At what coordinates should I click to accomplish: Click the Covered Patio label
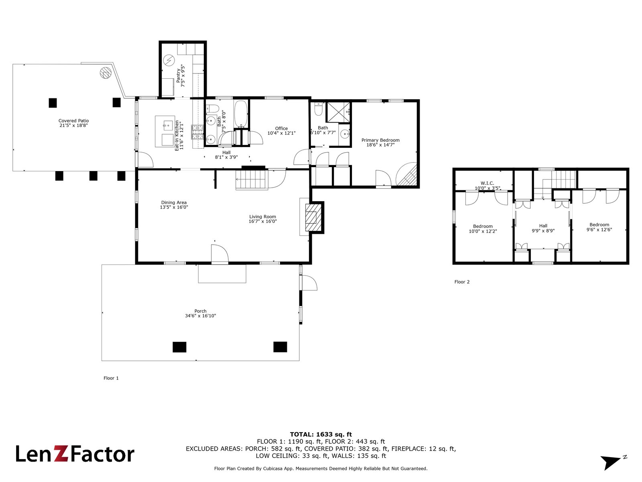pyautogui.click(x=73, y=121)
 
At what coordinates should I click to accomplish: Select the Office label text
pyautogui.click(x=281, y=129)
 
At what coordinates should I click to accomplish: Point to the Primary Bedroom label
pyautogui.click(x=380, y=140)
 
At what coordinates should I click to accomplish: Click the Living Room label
pyautogui.click(x=262, y=217)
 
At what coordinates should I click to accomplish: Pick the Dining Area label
pyautogui.click(x=174, y=203)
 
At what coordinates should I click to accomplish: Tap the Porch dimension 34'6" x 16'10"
pyautogui.click(x=200, y=316)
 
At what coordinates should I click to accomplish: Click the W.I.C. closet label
pyautogui.click(x=487, y=183)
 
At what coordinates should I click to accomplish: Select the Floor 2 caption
pyautogui.click(x=462, y=282)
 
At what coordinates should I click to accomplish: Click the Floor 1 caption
pyautogui.click(x=111, y=378)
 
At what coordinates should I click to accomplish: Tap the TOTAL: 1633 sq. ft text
pyautogui.click(x=321, y=434)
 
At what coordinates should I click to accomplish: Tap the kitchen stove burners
pyautogui.click(x=198, y=132)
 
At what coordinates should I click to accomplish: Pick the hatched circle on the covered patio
pyautogui.click(x=106, y=73)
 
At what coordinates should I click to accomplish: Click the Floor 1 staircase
pyautogui.click(x=251, y=179)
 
